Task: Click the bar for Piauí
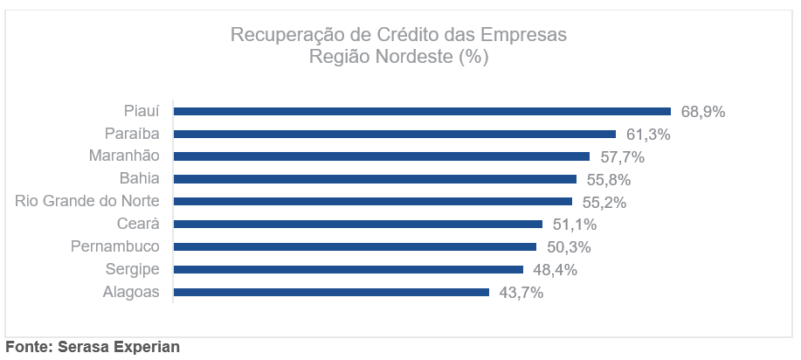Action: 422,111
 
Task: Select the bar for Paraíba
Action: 395,134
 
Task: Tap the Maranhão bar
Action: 382,156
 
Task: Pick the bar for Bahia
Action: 375,179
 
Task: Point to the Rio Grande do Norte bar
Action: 372,202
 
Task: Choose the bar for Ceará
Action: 358,225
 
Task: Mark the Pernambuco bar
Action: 355,246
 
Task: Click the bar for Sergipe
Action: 349,269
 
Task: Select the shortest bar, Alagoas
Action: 331,292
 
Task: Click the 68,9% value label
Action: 703,112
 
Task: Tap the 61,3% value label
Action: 648,135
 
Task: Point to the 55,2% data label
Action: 604,203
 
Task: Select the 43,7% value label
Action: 521,293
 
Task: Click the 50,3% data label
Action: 568,247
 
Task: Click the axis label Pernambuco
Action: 115,246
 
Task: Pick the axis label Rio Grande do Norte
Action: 87,202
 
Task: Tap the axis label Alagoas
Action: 131,292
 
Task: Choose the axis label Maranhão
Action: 124,156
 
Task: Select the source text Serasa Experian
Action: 119,347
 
